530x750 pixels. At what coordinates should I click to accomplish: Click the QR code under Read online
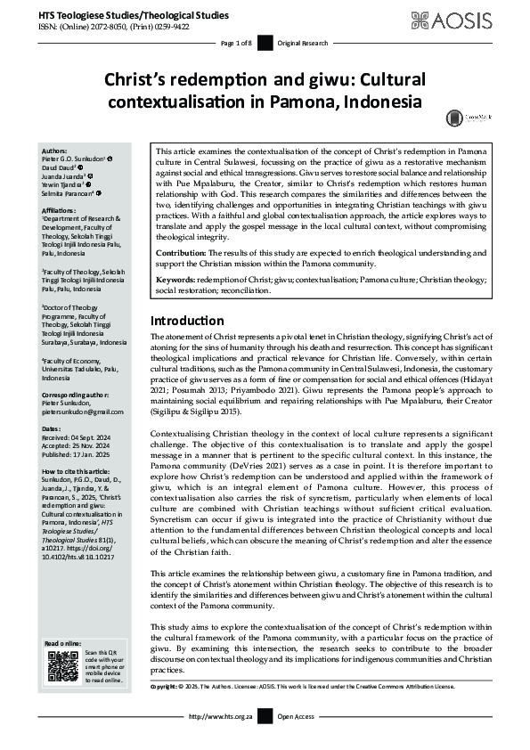point(61,667)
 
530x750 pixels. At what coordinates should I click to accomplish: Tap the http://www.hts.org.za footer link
point(219,715)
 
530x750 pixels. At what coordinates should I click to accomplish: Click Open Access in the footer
point(297,715)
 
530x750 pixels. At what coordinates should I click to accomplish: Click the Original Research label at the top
point(300,43)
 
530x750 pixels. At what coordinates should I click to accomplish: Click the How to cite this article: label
point(77,469)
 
